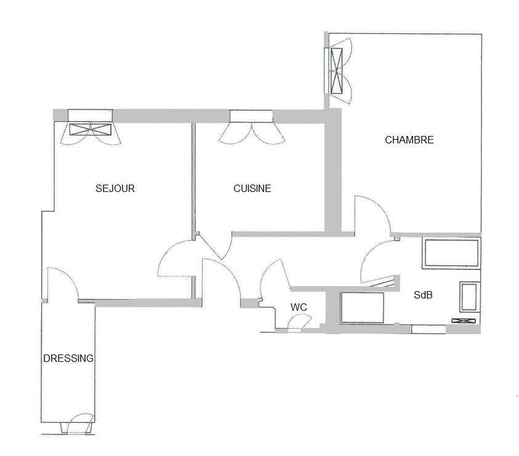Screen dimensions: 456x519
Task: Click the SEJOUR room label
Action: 115,189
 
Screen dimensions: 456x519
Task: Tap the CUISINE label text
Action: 252,189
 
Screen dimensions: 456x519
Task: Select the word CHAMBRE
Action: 409,140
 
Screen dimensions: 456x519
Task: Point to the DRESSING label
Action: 68,358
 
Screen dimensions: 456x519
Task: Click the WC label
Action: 299,307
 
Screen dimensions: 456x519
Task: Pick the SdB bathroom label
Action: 423,295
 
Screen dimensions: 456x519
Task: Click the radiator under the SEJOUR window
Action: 91,129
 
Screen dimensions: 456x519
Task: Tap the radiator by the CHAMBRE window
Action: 337,70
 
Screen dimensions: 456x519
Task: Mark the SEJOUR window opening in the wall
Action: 91,115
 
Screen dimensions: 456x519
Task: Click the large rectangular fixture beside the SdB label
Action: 451,254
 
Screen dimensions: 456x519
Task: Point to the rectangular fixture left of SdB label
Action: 363,307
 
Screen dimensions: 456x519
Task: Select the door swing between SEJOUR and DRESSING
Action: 62,283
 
